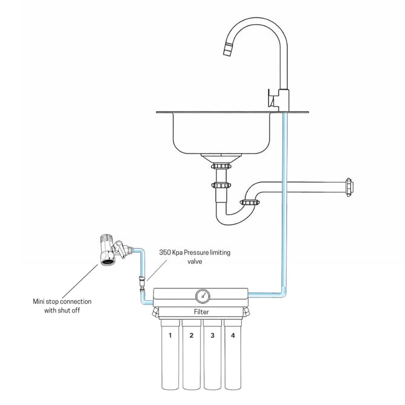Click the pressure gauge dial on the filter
pyautogui.click(x=202, y=296)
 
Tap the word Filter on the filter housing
pyautogui.click(x=202, y=312)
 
